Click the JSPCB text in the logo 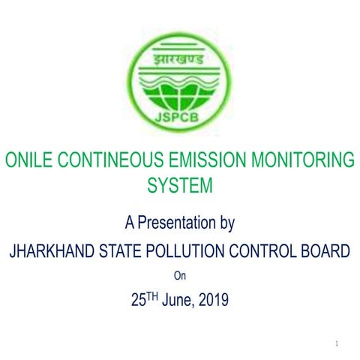180,118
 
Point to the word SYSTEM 180,184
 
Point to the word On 179,275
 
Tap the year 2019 214,301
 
